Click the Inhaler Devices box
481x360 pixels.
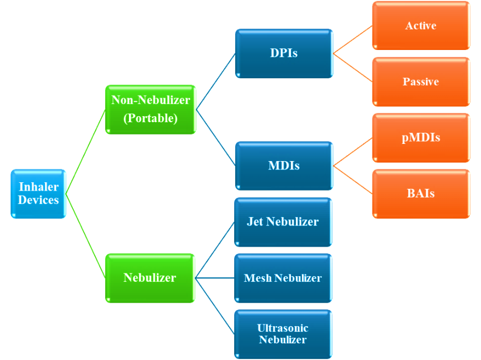38,193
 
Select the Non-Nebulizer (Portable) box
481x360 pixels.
151,109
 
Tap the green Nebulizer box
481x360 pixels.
150,278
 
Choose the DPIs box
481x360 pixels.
284,53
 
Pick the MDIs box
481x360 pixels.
284,166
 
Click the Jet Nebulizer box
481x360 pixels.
283,222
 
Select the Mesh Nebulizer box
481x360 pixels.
283,278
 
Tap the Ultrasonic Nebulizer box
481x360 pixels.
283,334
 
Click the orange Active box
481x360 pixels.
421,26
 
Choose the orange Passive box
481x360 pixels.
421,82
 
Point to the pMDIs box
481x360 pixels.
421,137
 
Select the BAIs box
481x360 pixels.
421,193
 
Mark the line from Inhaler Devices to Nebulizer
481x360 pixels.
86,236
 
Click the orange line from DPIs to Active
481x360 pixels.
353,39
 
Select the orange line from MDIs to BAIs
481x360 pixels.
353,179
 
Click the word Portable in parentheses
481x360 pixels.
151,118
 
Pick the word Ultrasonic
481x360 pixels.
282,328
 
